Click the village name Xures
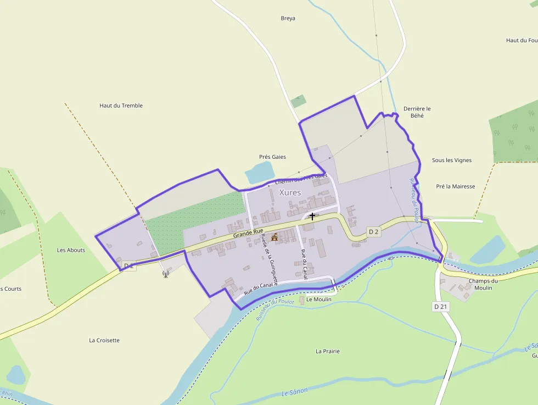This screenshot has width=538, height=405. click(x=290, y=192)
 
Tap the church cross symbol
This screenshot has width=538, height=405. click(x=312, y=217)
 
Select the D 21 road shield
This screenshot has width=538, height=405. click(x=441, y=307)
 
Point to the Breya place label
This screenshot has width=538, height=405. click(x=288, y=18)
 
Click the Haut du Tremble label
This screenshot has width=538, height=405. click(x=121, y=106)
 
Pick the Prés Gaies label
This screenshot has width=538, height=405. click(x=272, y=157)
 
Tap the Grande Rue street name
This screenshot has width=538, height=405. click(x=248, y=234)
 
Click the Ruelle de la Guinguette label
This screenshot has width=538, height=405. click(x=270, y=258)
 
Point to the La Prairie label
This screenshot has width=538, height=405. click(x=327, y=351)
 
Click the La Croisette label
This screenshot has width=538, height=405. click(x=104, y=340)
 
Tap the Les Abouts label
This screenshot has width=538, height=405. click(x=71, y=250)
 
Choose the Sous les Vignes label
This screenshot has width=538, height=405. click(x=451, y=160)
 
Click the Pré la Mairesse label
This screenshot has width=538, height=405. click(x=455, y=186)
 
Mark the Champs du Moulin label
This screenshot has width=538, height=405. click(x=483, y=284)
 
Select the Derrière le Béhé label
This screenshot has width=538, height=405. click(x=417, y=112)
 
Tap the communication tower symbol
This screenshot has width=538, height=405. click(x=166, y=273)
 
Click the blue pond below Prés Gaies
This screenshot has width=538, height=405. click(x=259, y=173)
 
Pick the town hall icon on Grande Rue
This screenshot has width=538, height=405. click(x=274, y=237)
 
